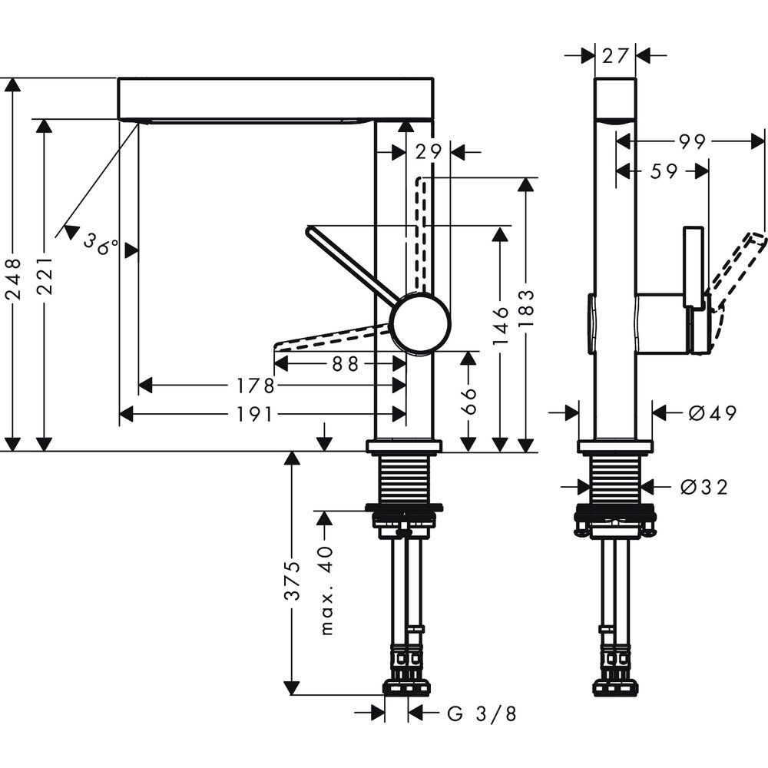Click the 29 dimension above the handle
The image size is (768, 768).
429,151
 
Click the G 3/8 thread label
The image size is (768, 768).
482,714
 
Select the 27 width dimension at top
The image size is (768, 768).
617,55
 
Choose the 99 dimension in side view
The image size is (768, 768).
694,141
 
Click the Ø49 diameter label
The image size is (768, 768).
712,413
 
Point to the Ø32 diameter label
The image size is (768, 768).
703,486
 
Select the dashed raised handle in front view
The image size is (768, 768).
419,230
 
